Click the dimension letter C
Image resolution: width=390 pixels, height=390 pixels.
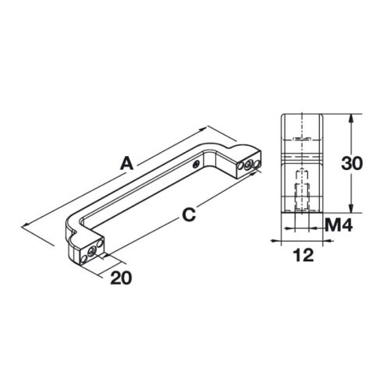pyautogui.click(x=187, y=213)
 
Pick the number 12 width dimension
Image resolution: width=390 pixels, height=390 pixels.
pyautogui.click(x=303, y=254)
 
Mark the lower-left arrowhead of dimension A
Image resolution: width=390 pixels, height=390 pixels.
pyautogui.click(x=28, y=225)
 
